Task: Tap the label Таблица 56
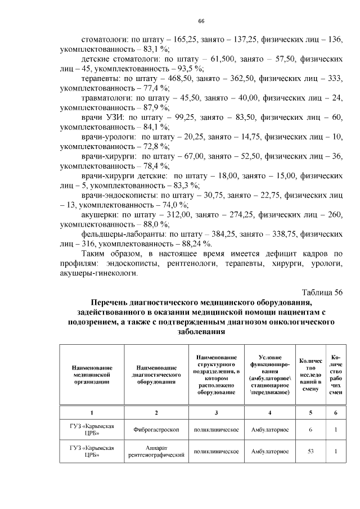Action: pos(322,291)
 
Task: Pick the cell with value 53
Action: pos(310,452)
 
